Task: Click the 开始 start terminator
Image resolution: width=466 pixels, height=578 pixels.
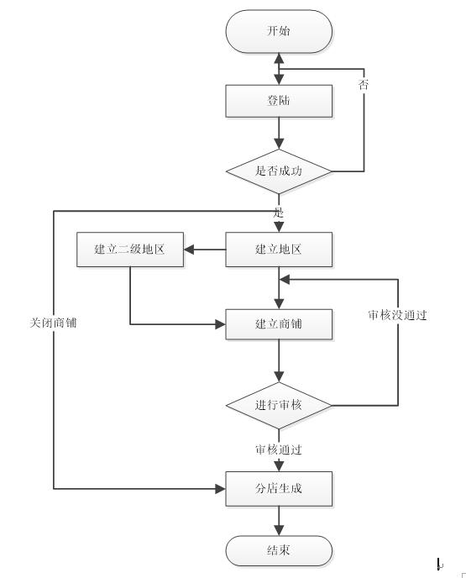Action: (279, 31)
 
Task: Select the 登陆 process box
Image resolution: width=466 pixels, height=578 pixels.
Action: (279, 101)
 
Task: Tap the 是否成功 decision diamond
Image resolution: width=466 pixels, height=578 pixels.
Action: (279, 171)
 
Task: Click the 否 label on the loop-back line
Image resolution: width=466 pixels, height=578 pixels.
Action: (364, 84)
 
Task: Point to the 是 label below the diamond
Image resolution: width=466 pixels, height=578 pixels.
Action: (279, 213)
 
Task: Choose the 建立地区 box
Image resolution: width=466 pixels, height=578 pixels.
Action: (279, 250)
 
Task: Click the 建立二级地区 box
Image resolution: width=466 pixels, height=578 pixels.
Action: (130, 250)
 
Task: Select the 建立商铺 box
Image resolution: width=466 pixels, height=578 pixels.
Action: (279, 324)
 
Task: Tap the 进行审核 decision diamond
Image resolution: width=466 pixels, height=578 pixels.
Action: (279, 406)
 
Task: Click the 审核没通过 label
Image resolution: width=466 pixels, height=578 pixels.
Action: (397, 315)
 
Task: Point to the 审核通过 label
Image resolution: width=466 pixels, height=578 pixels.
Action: (279, 449)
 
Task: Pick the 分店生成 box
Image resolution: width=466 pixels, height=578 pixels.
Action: (279, 489)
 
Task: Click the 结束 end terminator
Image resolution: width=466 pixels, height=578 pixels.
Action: (279, 551)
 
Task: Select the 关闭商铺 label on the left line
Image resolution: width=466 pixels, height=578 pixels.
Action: (54, 323)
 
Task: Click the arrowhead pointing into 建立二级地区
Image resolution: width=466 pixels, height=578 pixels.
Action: (189, 250)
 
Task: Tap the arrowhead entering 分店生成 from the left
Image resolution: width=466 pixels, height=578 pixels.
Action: (220, 489)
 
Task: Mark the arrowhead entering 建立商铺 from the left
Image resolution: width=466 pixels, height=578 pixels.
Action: (220, 324)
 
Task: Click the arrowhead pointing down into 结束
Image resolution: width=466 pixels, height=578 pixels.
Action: (279, 530)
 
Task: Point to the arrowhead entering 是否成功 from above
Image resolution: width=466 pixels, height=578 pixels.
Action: (279, 144)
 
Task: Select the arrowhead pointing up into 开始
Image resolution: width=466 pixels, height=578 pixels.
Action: (279, 58)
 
